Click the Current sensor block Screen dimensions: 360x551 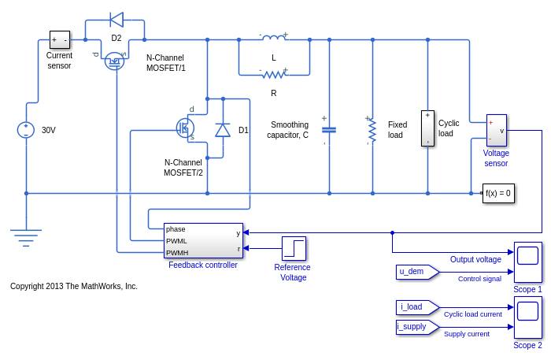point(60,39)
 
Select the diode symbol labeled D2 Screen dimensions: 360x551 point(116,20)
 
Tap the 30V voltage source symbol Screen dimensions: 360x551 point(26,130)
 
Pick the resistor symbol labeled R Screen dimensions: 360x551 point(274,74)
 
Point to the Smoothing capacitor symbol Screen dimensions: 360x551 point(329,130)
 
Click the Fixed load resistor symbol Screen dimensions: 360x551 point(372,130)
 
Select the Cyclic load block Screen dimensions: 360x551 point(427,128)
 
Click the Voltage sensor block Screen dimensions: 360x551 point(496,130)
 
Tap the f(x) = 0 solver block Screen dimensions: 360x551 point(498,193)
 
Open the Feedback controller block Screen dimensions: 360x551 point(203,240)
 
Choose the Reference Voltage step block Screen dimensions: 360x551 point(294,248)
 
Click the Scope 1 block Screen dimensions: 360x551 point(527,262)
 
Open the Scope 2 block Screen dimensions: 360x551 point(527,317)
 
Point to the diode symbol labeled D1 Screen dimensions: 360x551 point(223,130)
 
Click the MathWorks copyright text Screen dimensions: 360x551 point(74,286)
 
